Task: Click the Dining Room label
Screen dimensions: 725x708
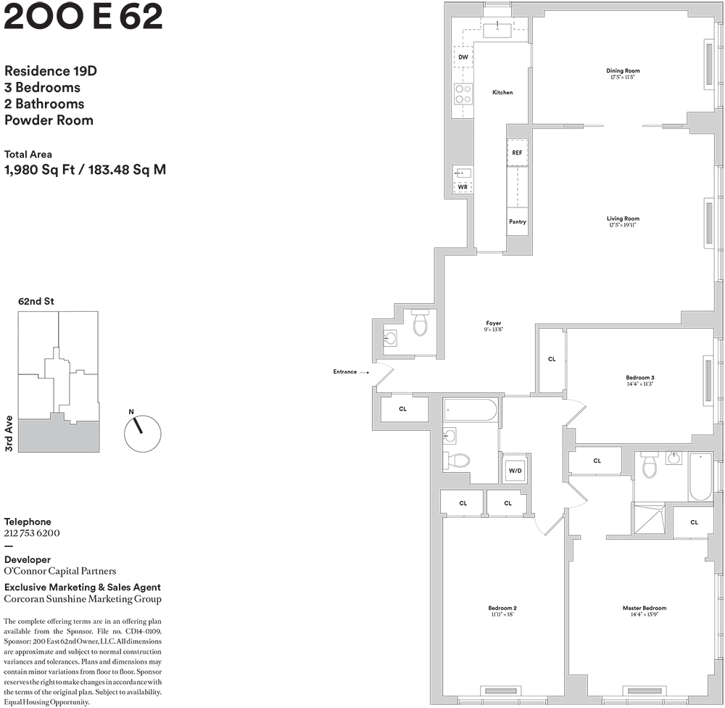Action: pos(623,71)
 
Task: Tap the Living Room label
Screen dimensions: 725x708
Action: pos(623,218)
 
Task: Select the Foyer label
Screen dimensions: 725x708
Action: pos(494,324)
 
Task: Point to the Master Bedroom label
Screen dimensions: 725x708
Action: pos(644,608)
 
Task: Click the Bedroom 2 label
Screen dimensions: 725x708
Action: pos(502,608)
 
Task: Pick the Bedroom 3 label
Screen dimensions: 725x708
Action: pos(640,377)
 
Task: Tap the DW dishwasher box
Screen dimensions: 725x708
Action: pos(463,56)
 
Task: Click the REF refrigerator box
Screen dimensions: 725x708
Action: pos(517,153)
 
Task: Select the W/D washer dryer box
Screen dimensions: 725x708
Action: pos(515,471)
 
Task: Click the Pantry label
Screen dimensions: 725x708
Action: pos(517,222)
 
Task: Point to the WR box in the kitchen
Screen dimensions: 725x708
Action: pos(463,186)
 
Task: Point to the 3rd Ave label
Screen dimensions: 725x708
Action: pos(9,434)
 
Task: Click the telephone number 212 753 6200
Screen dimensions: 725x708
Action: pos(32,533)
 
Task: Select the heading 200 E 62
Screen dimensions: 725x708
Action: pos(83,17)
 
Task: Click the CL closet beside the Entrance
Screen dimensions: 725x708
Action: pos(403,408)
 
